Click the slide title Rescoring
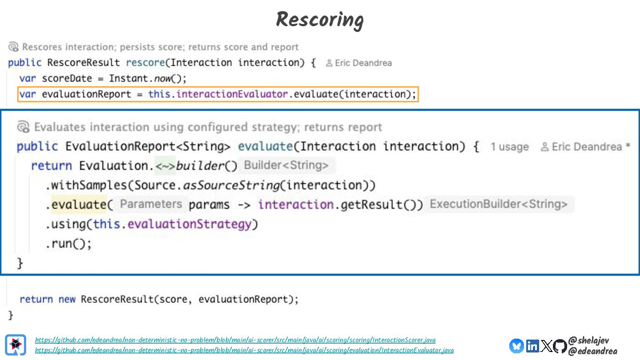coord(320,20)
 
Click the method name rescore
coord(145,63)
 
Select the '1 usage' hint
coord(509,147)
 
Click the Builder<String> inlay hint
coord(286,165)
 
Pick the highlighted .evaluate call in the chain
coord(79,204)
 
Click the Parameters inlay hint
coord(151,204)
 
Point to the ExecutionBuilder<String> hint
coord(499,204)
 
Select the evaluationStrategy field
coord(189,224)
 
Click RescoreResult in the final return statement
coord(116,299)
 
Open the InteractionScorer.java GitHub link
coord(235,340)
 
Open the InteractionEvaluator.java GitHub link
coord(244,350)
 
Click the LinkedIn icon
coord(532,346)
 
